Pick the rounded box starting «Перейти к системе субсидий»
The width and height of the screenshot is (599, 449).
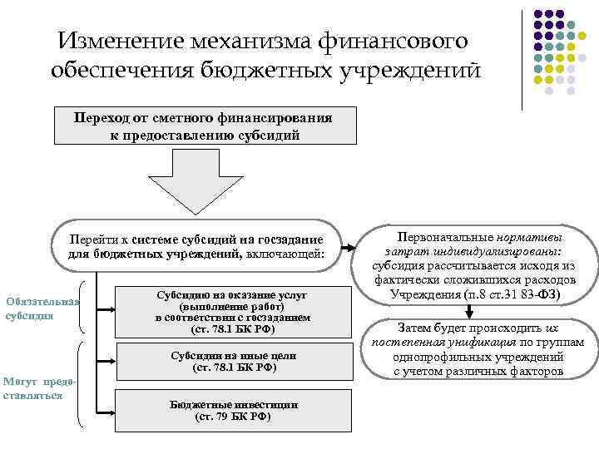[x=197, y=246]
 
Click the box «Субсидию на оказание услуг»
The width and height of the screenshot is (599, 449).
[x=232, y=312]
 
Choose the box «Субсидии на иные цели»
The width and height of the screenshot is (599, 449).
[x=232, y=362]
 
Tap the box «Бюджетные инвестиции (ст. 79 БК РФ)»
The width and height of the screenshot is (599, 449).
[x=232, y=410]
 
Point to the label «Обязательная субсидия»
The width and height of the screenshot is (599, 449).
[x=42, y=308]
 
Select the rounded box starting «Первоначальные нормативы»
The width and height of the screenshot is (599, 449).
[x=473, y=265]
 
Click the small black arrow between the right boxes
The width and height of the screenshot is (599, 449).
[x=470, y=311]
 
